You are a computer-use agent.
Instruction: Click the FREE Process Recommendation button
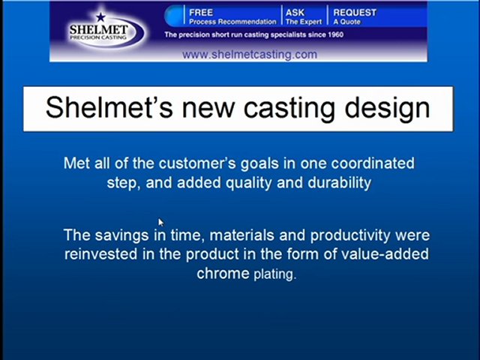[x=231, y=16]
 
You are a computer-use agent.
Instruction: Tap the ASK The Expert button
[x=304, y=16]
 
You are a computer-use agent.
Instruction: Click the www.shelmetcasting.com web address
[x=250, y=54]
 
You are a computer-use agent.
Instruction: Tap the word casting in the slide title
[x=291, y=107]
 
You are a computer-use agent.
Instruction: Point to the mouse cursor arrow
[x=160, y=222]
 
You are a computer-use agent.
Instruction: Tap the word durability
[x=339, y=182]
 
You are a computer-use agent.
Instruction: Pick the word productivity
[x=349, y=235]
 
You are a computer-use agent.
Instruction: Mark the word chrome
[x=223, y=273]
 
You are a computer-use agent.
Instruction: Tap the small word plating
[x=274, y=274]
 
